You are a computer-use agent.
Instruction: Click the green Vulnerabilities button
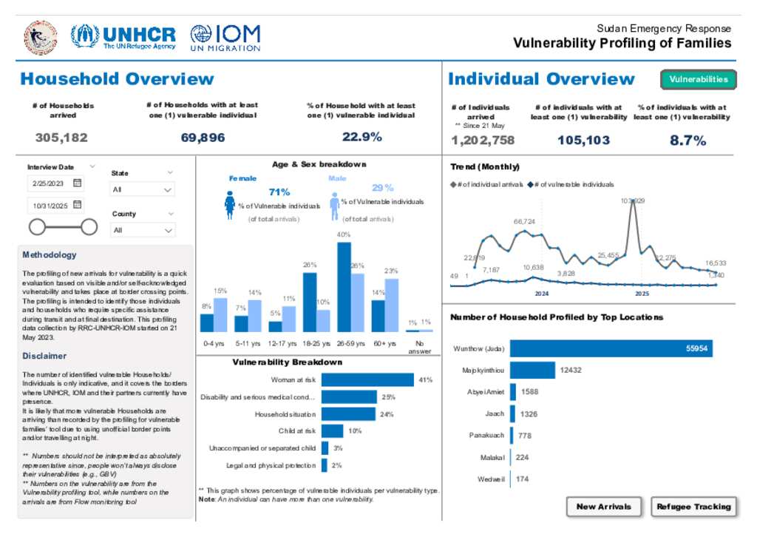click(698, 79)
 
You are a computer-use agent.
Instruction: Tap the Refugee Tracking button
click(693, 507)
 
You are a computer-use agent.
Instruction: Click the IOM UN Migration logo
click(225, 36)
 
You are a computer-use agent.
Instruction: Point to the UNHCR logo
click(123, 36)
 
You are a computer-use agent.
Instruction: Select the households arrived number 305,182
click(61, 137)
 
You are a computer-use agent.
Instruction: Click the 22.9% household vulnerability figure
click(361, 137)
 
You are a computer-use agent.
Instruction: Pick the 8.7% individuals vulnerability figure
click(688, 140)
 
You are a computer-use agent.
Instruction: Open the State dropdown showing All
click(143, 189)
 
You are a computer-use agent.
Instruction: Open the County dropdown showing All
click(143, 230)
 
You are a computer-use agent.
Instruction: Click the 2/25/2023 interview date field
click(55, 183)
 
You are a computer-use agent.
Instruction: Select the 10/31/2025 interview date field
click(55, 206)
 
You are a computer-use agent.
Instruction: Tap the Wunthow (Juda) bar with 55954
click(611, 348)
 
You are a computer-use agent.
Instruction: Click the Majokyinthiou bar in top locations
click(532, 370)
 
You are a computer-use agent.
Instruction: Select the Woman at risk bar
click(367, 379)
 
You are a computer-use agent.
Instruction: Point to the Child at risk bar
click(332, 430)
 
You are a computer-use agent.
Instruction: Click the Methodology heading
click(49, 255)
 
